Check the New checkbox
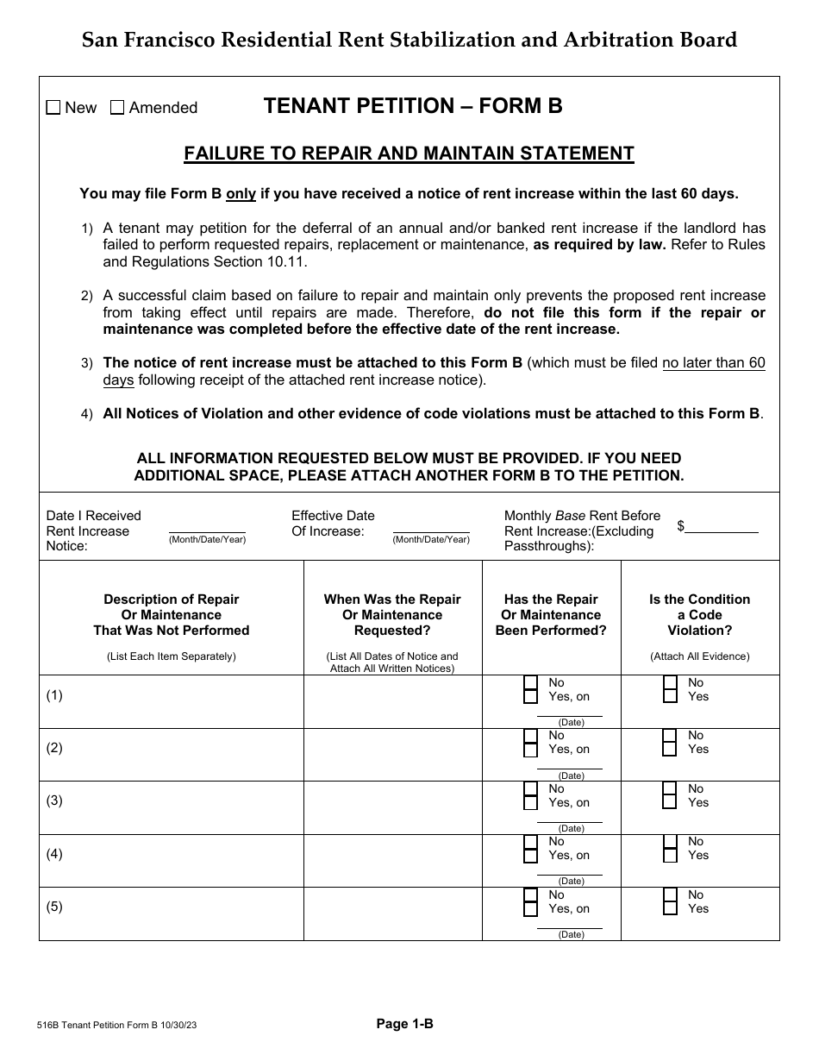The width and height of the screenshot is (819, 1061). [53, 108]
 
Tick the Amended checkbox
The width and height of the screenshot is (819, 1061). [118, 108]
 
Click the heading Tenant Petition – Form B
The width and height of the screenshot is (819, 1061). [412, 106]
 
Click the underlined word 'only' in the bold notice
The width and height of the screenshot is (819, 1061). [241, 194]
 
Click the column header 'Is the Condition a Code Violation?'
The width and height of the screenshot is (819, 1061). [699, 614]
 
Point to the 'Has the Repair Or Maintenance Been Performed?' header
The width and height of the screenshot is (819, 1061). [551, 614]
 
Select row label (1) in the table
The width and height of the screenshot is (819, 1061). [54, 695]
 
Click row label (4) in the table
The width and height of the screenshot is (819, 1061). [54, 854]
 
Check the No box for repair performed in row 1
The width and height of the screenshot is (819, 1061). [531, 682]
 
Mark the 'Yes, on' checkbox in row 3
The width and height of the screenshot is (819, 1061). [531, 802]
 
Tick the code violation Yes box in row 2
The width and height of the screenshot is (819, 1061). [670, 750]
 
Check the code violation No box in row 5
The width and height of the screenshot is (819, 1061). [670, 895]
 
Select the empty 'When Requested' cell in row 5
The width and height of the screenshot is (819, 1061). [392, 913]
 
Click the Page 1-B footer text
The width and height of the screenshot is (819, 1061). [404, 1024]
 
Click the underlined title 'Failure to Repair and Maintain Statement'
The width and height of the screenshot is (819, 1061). [409, 154]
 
